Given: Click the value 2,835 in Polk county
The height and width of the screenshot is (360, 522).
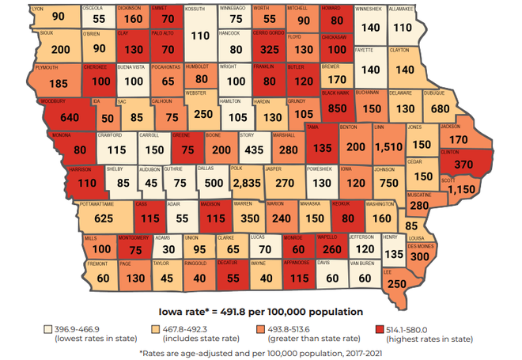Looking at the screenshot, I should [247, 181].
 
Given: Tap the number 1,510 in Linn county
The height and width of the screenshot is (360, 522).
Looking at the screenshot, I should [388, 147].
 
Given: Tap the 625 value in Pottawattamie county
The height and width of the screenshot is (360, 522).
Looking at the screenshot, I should [103, 218].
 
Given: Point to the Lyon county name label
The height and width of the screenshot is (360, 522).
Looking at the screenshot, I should [37, 8].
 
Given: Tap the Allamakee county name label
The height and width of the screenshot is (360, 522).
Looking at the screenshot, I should [401, 8].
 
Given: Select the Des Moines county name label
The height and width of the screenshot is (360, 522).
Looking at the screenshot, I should [421, 246].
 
